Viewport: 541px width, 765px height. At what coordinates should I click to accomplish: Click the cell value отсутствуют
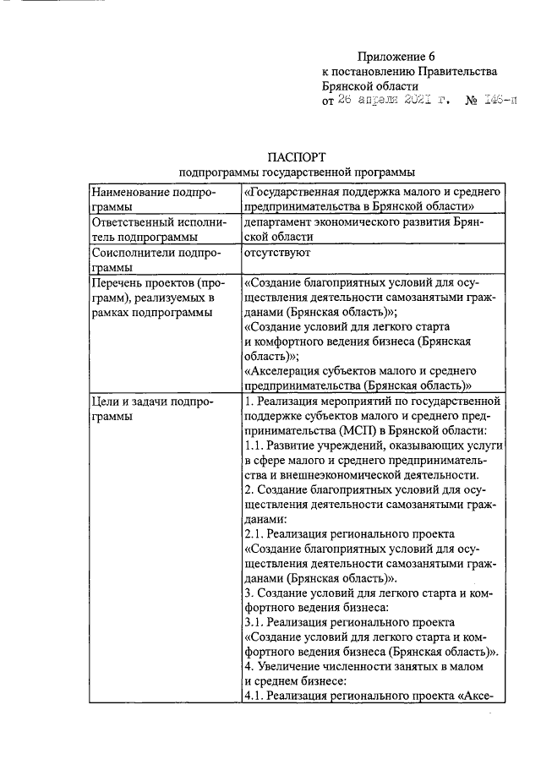pyautogui.click(x=278, y=252)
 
